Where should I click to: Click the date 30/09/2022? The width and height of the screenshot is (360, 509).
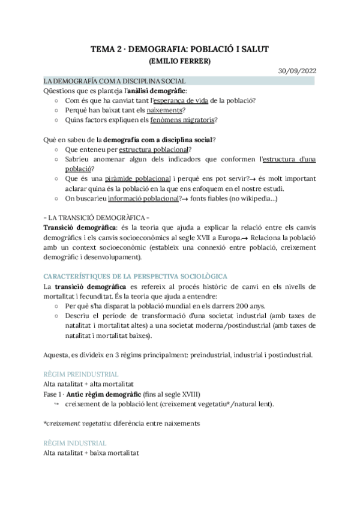pyautogui.click(x=297, y=70)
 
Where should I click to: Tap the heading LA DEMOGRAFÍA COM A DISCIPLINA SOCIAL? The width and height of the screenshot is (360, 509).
pyautogui.click(x=114, y=81)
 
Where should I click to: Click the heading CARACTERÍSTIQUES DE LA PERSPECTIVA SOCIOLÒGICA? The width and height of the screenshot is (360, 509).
pyautogui.click(x=135, y=276)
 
